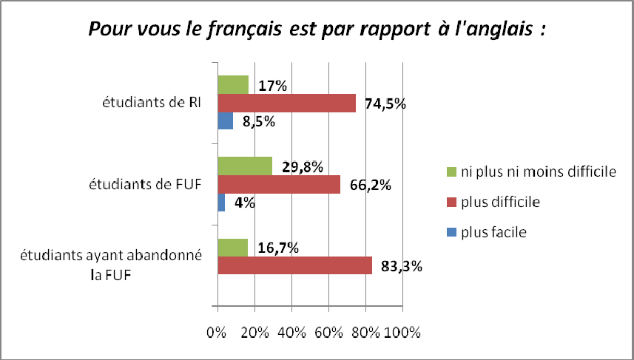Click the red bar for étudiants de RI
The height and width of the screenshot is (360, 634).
pyautogui.click(x=286, y=103)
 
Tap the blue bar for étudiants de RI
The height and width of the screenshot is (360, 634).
pyautogui.click(x=225, y=120)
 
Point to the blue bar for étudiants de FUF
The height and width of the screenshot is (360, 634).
pyautogui.click(x=221, y=203)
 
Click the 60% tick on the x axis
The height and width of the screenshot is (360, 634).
pyautogui.click(x=328, y=332)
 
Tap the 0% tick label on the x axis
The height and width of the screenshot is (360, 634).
pyautogui.click(x=217, y=332)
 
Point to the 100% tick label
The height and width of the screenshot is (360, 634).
pyautogui.click(x=404, y=332)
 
